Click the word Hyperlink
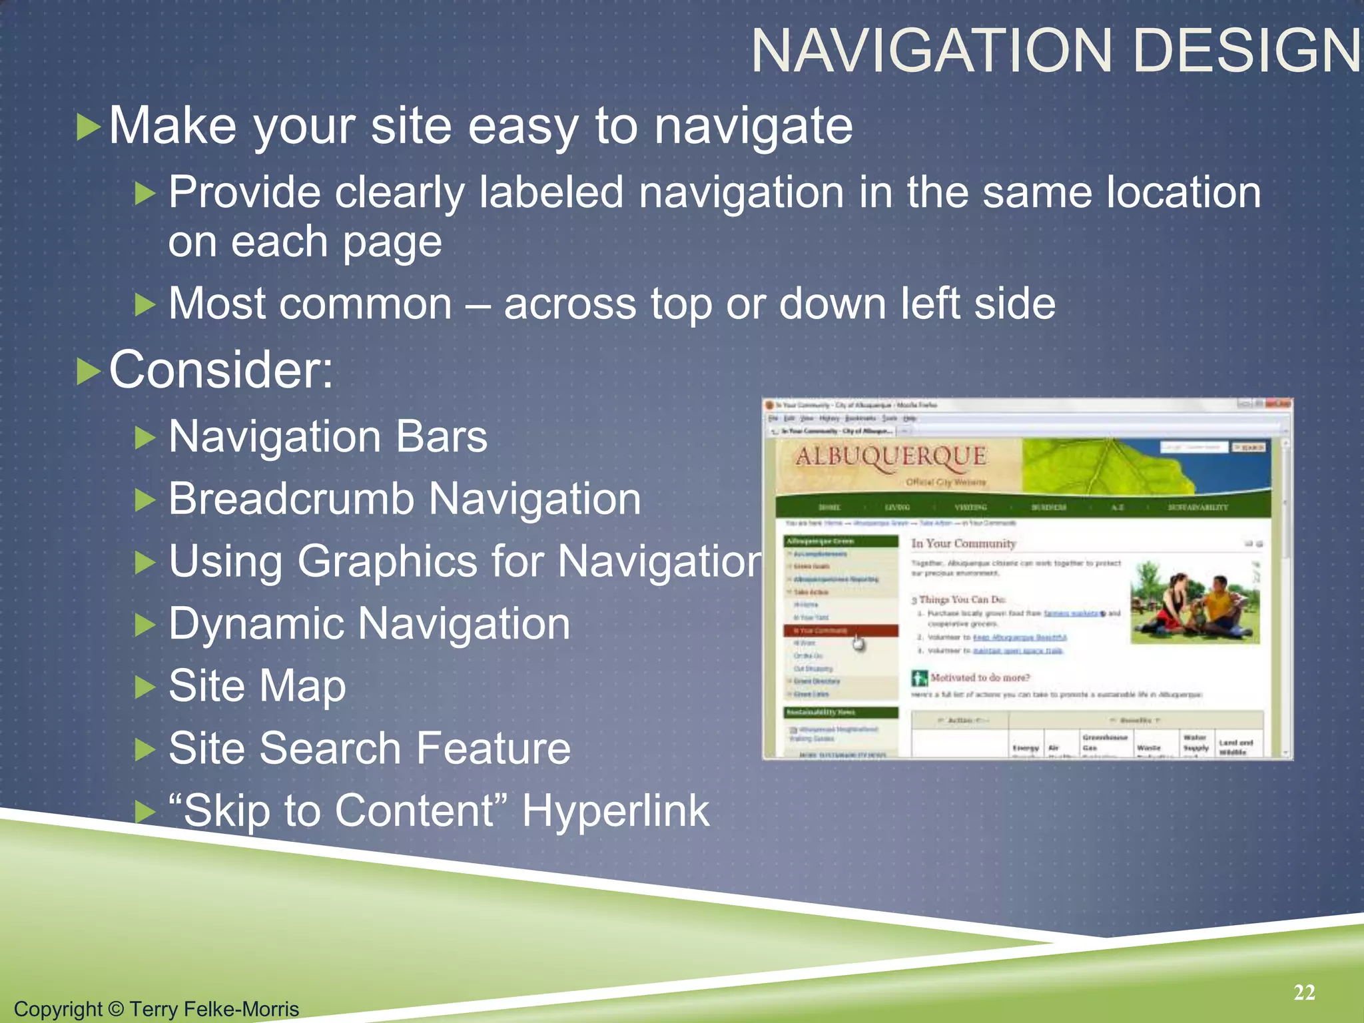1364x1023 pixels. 615,811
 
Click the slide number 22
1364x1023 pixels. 1304,992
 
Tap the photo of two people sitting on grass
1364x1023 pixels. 1195,603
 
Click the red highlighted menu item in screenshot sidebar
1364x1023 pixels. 841,630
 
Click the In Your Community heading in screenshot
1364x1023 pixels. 963,543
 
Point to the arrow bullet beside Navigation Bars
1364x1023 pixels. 145,438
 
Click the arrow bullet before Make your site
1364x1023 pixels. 88,127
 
